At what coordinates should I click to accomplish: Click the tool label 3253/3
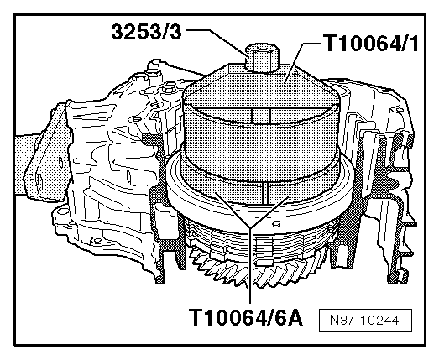pyautogui.click(x=146, y=32)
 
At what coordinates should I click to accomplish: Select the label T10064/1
pyautogui.click(x=371, y=44)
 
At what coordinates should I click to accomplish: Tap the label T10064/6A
pyautogui.click(x=246, y=317)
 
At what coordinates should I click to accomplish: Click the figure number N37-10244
pyautogui.click(x=365, y=321)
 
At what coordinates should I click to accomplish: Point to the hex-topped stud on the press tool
pyautogui.click(x=263, y=58)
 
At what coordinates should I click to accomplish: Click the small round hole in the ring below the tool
pyautogui.click(x=276, y=223)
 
